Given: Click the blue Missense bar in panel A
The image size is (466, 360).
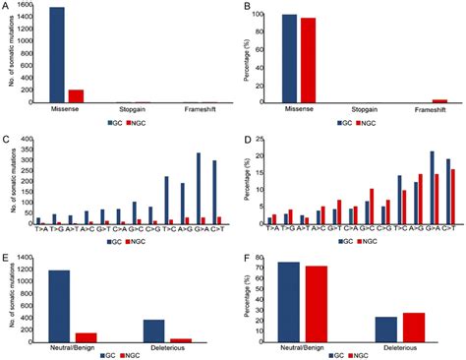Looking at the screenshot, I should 57,54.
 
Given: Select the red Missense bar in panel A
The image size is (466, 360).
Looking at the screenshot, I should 75,95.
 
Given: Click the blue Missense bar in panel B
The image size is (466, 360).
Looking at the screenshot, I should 289,58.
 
